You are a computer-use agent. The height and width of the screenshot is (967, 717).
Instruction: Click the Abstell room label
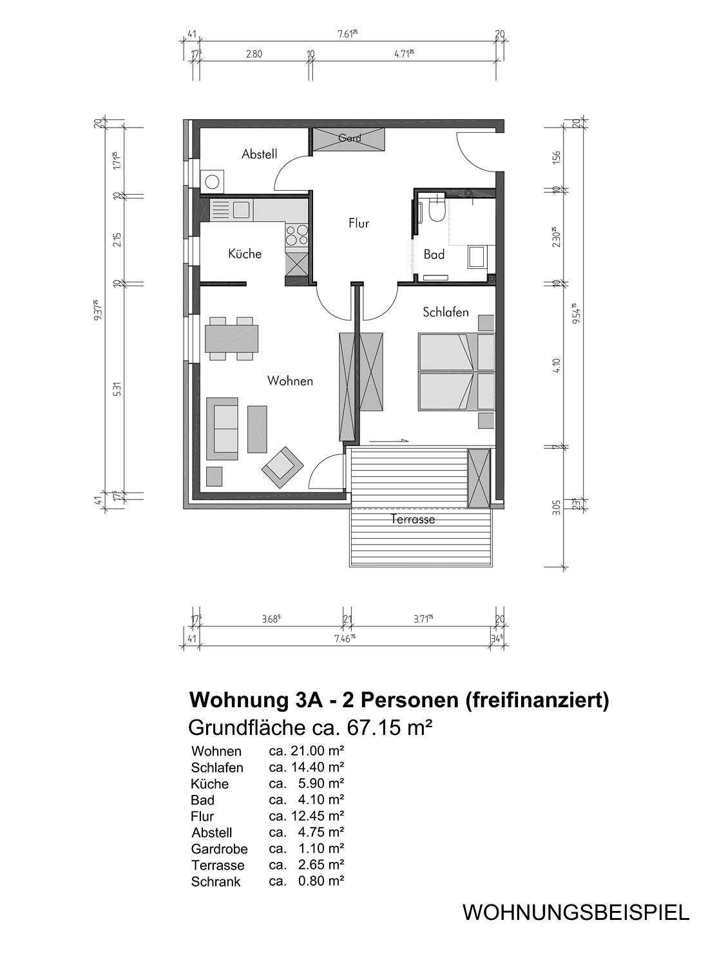coord(260,154)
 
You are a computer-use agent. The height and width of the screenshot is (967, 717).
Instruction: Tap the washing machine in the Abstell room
coord(213,181)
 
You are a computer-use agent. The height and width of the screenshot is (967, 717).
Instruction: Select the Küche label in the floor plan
coord(245,253)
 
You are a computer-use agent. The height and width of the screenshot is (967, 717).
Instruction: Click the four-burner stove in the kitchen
coord(297,235)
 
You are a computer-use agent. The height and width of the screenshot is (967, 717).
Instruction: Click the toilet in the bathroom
coord(436,209)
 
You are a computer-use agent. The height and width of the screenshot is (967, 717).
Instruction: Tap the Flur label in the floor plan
coord(359,223)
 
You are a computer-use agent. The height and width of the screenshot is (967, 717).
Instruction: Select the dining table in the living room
coord(231,338)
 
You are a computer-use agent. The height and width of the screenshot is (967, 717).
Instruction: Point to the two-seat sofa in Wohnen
coord(222,428)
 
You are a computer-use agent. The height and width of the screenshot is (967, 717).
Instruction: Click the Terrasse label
coord(413,519)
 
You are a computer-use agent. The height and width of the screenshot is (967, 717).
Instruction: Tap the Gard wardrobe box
coord(349,139)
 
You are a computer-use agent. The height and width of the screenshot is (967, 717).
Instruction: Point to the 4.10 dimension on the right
coord(556,365)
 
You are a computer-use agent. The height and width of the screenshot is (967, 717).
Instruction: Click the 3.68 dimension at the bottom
coord(271,619)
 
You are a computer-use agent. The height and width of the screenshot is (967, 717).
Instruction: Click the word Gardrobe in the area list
coord(219,849)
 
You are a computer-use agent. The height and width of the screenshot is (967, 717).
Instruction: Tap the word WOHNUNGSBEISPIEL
coord(576,912)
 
